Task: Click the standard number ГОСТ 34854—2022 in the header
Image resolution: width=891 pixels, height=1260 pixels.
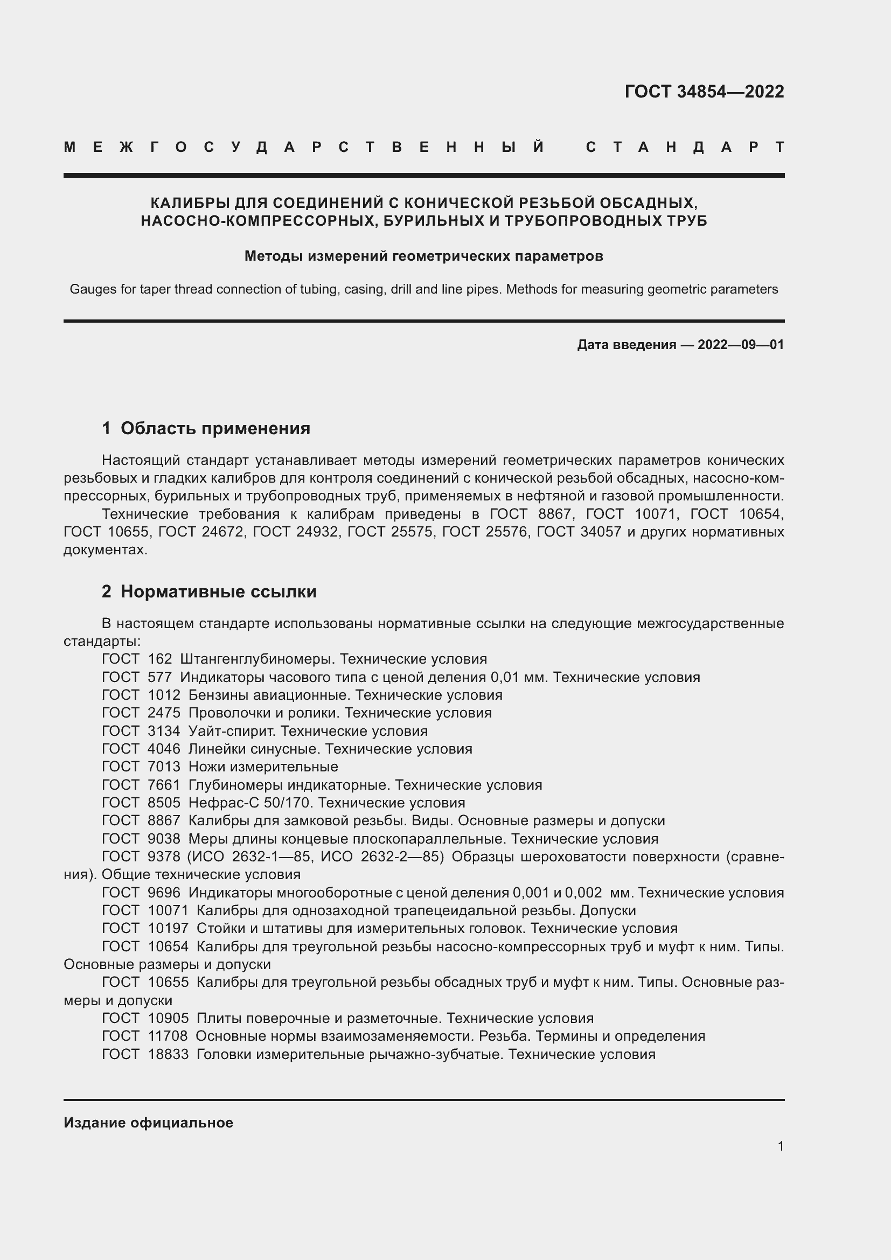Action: point(704,92)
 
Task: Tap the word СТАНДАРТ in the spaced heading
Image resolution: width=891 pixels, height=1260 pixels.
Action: point(685,147)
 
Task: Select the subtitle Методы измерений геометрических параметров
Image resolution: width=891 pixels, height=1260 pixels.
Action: point(423,256)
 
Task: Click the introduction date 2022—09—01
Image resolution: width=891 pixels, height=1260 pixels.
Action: point(741,345)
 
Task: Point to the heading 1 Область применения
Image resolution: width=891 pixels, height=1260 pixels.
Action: point(206,428)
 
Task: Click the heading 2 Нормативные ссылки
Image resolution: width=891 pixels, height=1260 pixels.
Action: point(209,591)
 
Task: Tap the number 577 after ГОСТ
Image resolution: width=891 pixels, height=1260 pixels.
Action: point(159,677)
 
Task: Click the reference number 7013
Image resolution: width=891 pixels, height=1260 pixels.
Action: point(164,767)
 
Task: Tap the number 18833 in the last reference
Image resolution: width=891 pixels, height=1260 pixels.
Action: point(168,1054)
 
